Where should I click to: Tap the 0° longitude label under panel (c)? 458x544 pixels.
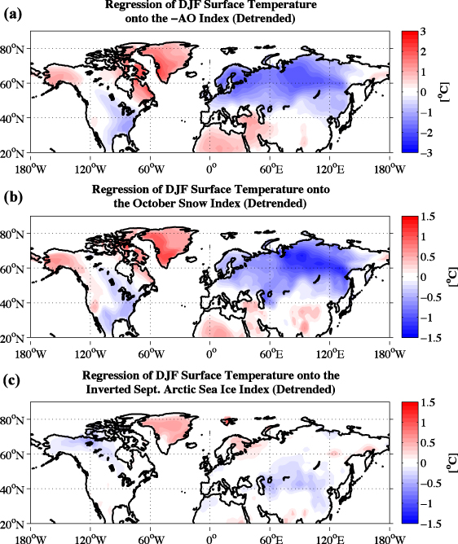211,538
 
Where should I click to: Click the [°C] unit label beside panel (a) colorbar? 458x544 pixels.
447,92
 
